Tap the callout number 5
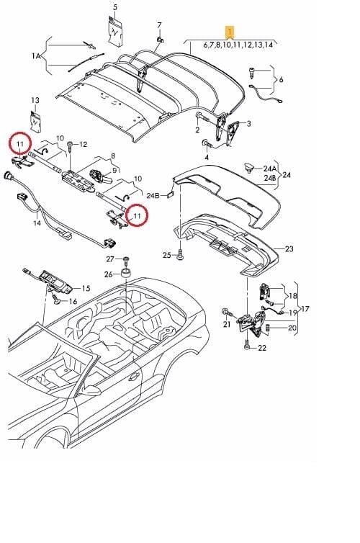115,7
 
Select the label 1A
36,55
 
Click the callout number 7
159,25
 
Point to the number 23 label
289,248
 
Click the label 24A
270,169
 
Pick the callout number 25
167,255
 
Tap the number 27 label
110,259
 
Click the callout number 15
86,288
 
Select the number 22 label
262,347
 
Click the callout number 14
37,223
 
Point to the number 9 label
114,171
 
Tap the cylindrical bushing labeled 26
126,272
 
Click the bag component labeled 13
36,121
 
